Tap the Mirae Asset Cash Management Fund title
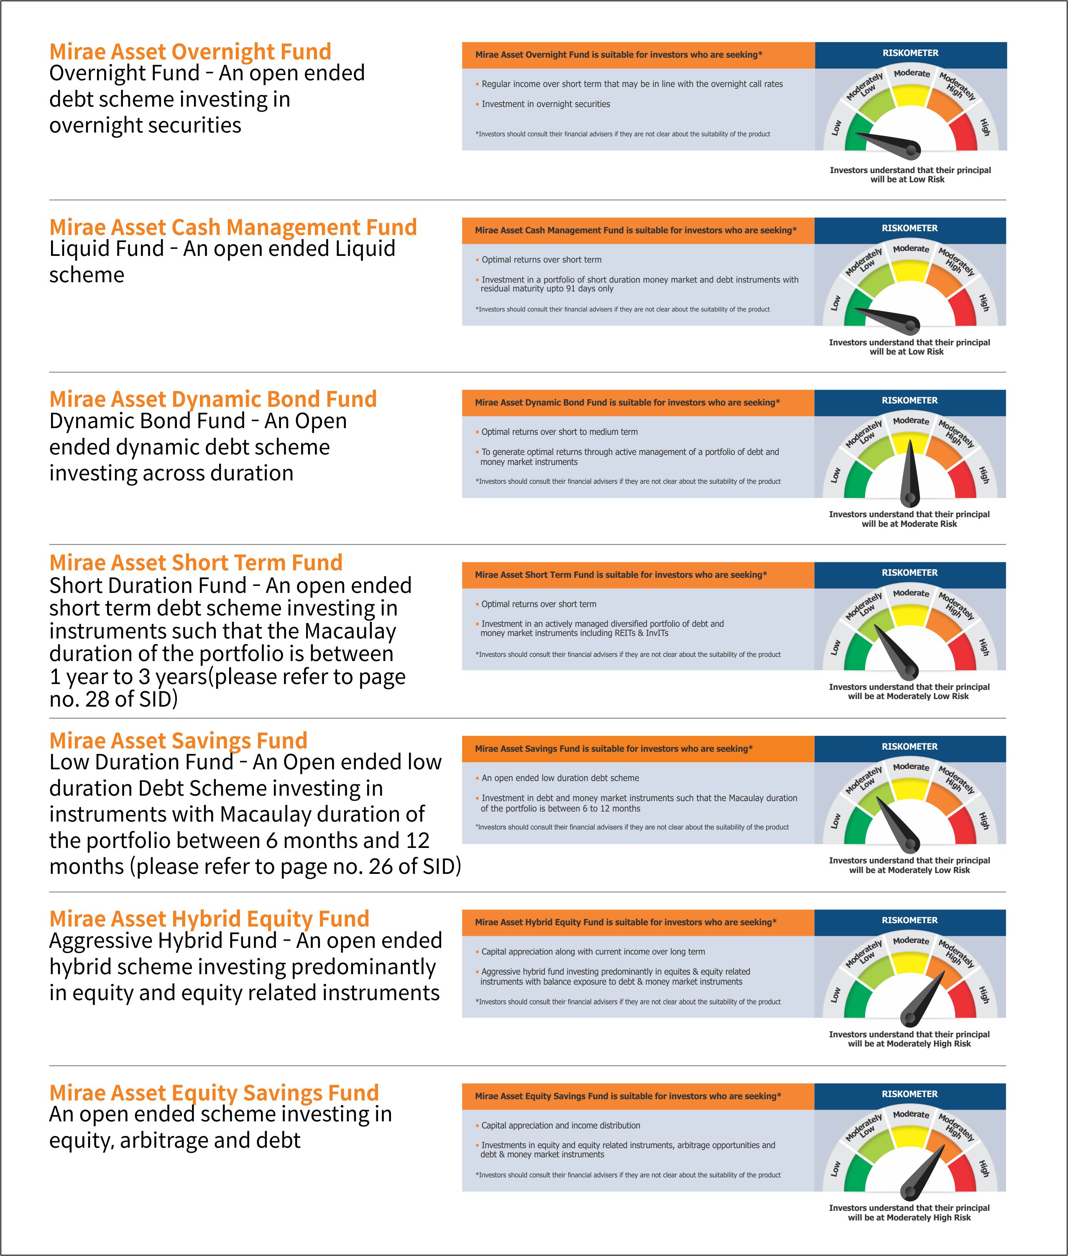(233, 227)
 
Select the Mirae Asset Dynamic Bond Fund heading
(213, 399)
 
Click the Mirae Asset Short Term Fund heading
(196, 563)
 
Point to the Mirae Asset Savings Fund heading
(179, 741)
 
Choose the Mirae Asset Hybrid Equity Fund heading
(210, 919)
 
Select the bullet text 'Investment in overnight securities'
(546, 104)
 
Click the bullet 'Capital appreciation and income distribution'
(561, 1125)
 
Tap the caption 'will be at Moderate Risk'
(910, 524)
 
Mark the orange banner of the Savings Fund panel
(638, 749)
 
